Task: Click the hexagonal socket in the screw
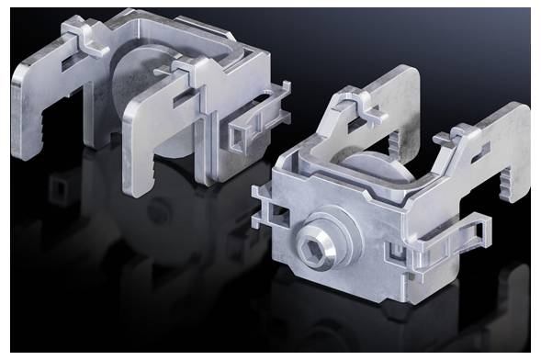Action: click(313, 242)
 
